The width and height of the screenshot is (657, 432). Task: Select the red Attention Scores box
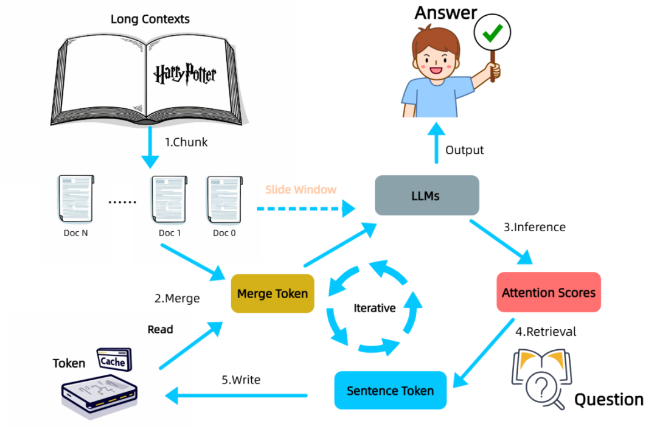(x=548, y=293)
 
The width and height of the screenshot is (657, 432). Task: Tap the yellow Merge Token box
(x=273, y=294)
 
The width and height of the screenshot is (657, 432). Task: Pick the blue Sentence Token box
(x=390, y=390)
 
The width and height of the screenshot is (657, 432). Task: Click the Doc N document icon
(x=76, y=200)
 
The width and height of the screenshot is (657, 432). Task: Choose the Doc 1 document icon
(x=169, y=200)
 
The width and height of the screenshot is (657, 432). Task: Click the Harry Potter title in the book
(x=184, y=74)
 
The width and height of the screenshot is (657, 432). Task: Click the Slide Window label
(x=301, y=190)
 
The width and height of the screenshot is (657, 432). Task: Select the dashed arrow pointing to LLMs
(x=304, y=209)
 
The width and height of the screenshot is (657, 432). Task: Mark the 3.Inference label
(x=535, y=228)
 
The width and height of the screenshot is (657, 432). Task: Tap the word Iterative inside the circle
(x=374, y=308)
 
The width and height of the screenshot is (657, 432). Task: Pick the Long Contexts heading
(x=150, y=19)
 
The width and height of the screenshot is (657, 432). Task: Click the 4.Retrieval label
(x=546, y=332)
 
